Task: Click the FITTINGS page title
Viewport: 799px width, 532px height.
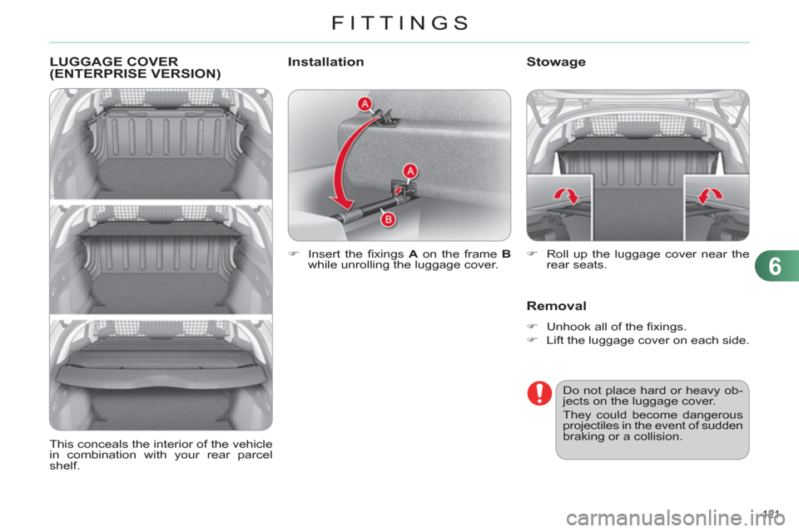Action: pyautogui.click(x=399, y=22)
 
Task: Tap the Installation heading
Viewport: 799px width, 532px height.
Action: pyautogui.click(x=325, y=62)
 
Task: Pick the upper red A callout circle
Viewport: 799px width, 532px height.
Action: pyautogui.click(x=365, y=103)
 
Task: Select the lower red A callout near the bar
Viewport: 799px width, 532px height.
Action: pyautogui.click(x=409, y=170)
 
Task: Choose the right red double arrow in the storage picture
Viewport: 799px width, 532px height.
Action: pyautogui.click(x=710, y=197)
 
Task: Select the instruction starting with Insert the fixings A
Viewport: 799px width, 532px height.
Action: pyautogui.click(x=408, y=259)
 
